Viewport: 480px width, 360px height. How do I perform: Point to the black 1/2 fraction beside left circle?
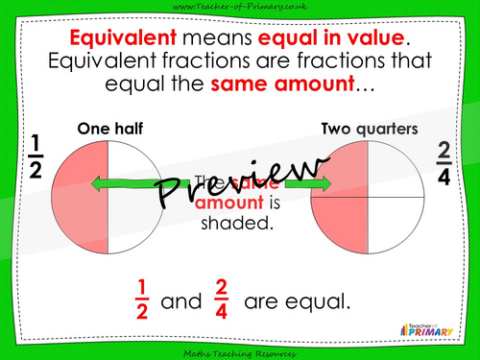pyautogui.click(x=35, y=156)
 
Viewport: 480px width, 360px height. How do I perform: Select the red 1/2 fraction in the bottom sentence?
pyautogui.click(x=141, y=301)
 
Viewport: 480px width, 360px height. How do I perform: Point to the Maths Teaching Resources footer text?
pyautogui.click(x=239, y=351)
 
